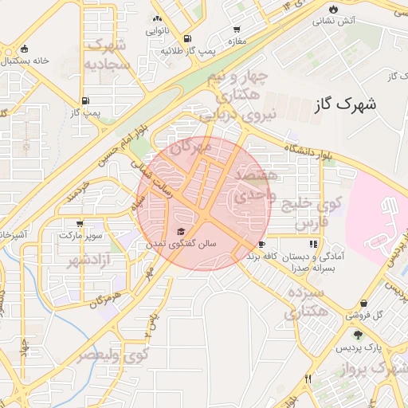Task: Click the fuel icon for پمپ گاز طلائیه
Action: [187, 38]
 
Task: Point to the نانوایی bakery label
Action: [156, 32]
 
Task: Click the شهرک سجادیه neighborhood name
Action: [107, 53]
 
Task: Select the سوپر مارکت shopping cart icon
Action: [79, 224]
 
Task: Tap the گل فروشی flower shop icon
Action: [364, 304]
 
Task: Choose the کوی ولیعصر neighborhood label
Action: [112, 355]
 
